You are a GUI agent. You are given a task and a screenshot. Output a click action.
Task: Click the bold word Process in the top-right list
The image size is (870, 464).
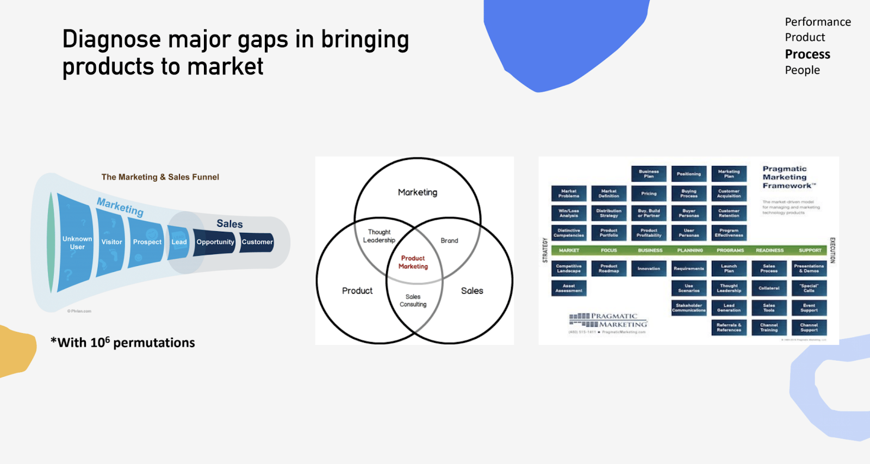point(807,54)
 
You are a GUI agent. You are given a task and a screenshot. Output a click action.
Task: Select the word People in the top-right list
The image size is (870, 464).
point(802,70)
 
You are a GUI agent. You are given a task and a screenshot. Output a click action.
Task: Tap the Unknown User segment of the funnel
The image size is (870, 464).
point(77,243)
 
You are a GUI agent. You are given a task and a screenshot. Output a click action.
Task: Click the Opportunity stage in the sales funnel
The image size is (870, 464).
point(215,242)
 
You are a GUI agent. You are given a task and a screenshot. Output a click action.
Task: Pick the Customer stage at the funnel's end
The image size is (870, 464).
point(257,242)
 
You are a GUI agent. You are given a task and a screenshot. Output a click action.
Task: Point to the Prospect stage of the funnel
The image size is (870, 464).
point(147,242)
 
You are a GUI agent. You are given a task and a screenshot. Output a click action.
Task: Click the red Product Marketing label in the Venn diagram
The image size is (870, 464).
point(413,262)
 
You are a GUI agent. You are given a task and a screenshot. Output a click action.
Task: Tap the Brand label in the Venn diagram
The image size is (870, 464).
point(449,240)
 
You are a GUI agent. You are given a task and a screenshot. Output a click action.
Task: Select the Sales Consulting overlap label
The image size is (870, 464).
point(413,301)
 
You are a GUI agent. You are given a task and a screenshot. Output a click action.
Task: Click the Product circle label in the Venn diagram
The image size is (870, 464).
point(357,291)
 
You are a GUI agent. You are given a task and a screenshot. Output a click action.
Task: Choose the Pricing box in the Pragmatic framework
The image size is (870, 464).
point(649,194)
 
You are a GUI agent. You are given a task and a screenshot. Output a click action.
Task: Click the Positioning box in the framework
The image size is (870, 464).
point(689,174)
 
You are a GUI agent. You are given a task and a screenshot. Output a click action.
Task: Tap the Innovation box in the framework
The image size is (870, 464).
point(649,269)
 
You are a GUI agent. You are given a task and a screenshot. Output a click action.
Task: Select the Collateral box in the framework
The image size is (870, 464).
point(769,288)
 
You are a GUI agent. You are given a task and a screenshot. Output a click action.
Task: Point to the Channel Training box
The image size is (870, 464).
point(769,327)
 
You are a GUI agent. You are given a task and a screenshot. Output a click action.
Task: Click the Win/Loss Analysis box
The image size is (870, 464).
point(569,213)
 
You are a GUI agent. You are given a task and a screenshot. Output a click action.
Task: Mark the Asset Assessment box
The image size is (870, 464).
point(569,288)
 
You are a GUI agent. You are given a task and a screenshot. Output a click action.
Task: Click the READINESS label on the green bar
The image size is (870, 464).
point(769,251)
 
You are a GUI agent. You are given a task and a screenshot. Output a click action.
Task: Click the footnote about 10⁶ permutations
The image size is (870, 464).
point(123,343)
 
